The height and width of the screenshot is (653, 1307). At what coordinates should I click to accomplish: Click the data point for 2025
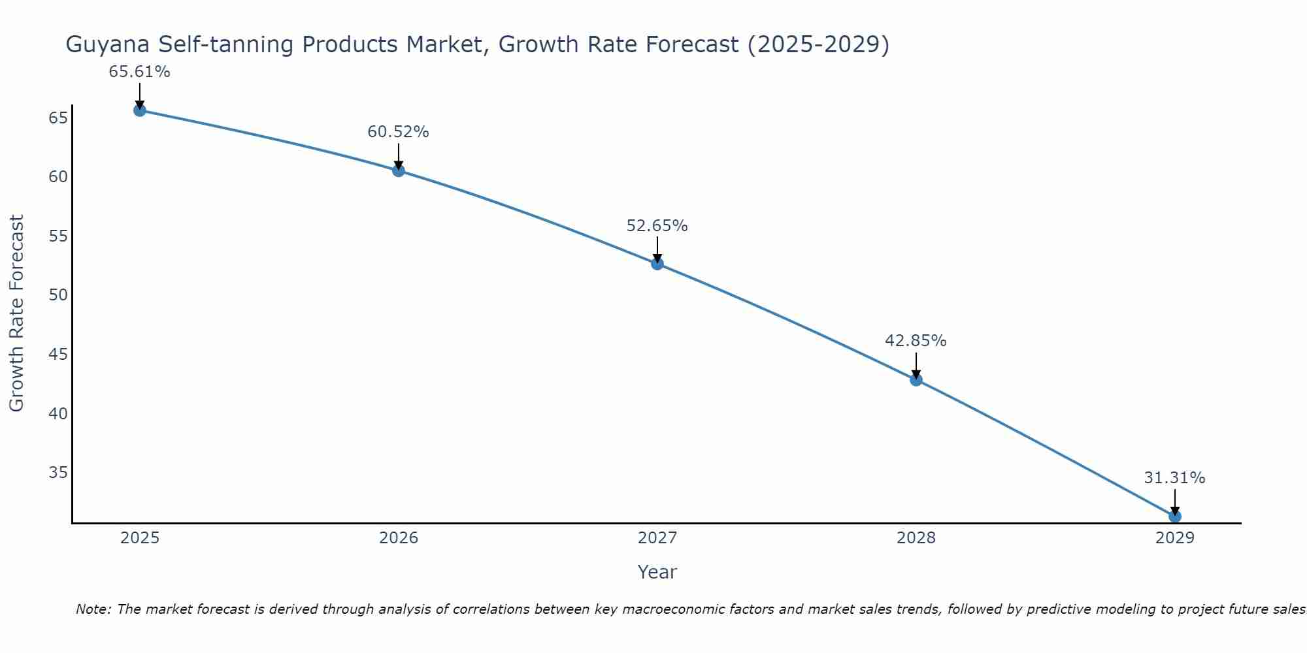click(139, 110)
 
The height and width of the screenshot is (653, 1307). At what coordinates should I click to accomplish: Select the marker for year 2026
click(398, 170)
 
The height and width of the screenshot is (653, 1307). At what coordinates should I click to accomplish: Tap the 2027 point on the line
click(657, 264)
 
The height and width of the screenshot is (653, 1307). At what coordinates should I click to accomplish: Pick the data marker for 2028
click(916, 379)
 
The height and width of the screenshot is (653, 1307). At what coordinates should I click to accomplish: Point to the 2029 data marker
click(1174, 516)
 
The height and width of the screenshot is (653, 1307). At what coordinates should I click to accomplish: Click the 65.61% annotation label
click(139, 72)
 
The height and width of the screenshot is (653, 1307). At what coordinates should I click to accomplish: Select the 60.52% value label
click(398, 132)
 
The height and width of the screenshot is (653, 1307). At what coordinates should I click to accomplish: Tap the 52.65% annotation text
click(657, 226)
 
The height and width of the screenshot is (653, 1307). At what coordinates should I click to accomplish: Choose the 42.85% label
click(916, 341)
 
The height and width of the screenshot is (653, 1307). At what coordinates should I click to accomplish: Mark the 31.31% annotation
click(1174, 478)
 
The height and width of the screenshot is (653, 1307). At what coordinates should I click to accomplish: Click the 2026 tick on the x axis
click(399, 538)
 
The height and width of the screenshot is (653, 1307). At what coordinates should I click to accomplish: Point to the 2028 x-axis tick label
click(916, 538)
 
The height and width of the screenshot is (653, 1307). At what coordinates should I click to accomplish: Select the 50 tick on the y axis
click(58, 295)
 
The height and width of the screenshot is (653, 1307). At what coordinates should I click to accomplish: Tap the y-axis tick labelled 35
click(58, 472)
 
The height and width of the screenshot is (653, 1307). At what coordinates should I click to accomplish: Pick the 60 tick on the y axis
click(58, 177)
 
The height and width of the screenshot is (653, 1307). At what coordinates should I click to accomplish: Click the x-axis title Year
click(657, 572)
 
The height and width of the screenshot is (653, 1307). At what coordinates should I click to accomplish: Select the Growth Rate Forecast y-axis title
click(16, 313)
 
